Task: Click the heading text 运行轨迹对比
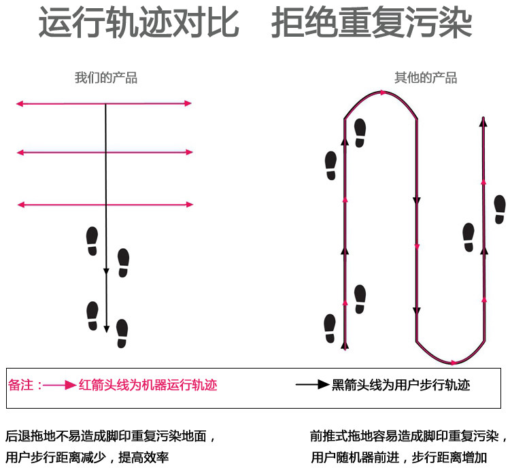tap(139, 24)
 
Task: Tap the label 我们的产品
tap(106, 78)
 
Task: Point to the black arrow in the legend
tap(312, 385)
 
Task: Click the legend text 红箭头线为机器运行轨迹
tap(148, 385)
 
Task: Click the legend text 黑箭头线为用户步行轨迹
tap(401, 385)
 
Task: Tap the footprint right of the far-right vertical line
tap(500, 209)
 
